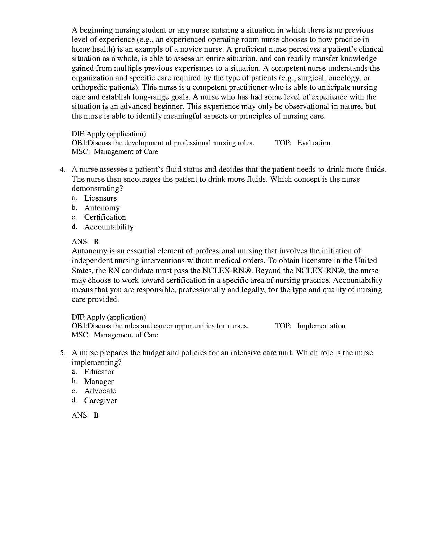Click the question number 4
(62, 170)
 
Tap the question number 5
(62, 353)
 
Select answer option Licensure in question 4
(100, 198)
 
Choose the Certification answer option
(105, 217)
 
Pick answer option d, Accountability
(109, 227)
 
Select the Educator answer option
(99, 372)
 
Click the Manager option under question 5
(99, 382)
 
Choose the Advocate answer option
(100, 391)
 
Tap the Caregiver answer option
(100, 401)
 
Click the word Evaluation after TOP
(313, 143)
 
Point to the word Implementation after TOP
(321, 326)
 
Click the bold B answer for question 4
(96, 242)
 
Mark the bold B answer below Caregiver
(96, 415)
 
